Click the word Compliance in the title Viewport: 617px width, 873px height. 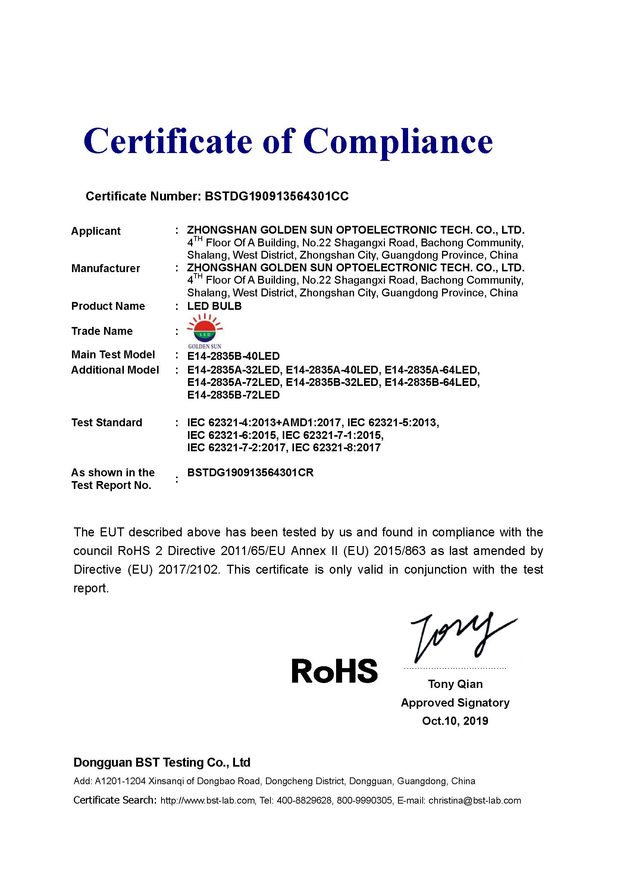pyautogui.click(x=398, y=141)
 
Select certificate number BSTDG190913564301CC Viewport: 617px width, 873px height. pyautogui.click(x=276, y=196)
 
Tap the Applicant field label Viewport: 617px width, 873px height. pyautogui.click(x=96, y=231)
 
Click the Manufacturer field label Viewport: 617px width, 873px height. pyautogui.click(x=106, y=268)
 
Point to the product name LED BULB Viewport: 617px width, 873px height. pyautogui.click(x=214, y=306)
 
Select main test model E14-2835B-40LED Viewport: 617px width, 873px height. pyautogui.click(x=233, y=356)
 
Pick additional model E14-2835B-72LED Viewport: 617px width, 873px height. pyautogui.click(x=233, y=395)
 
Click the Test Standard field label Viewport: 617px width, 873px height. pyautogui.click(x=107, y=423)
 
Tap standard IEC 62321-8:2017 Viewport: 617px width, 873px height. pyautogui.click(x=336, y=448)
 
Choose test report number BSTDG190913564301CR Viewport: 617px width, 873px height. pyautogui.click(x=250, y=473)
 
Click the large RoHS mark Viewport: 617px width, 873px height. pyautogui.click(x=334, y=671)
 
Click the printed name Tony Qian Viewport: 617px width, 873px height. pyautogui.click(x=455, y=684)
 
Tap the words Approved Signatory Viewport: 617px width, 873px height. pyautogui.click(x=455, y=703)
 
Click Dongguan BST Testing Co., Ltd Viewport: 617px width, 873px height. pyautogui.click(x=162, y=763)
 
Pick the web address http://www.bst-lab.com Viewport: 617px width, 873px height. pyautogui.click(x=207, y=801)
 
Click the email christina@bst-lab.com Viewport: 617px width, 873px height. pyautogui.click(x=475, y=801)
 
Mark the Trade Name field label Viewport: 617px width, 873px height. pyautogui.click(x=102, y=331)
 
